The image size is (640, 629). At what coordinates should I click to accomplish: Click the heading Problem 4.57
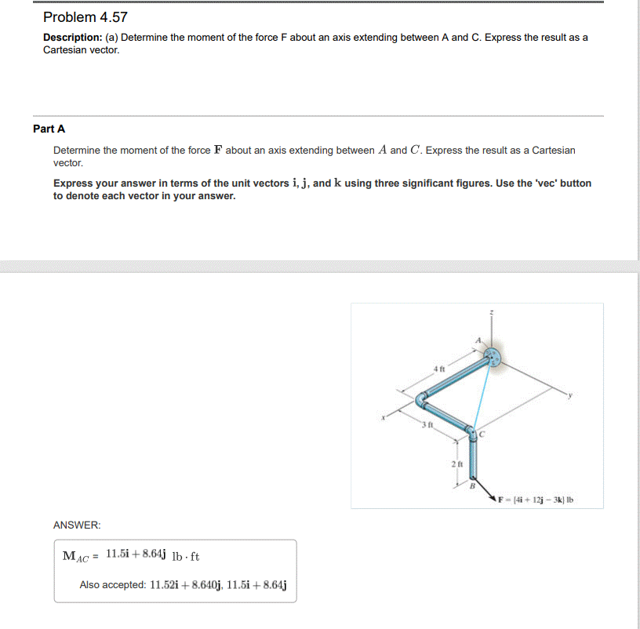85,17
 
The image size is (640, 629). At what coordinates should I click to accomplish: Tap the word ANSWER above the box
77,524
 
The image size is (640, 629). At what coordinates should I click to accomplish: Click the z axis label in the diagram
492,312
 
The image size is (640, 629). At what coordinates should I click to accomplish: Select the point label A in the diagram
477,340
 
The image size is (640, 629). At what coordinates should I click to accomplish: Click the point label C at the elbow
483,434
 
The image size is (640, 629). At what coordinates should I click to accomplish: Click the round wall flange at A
493,358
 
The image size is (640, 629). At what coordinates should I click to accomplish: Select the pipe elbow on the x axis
421,400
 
